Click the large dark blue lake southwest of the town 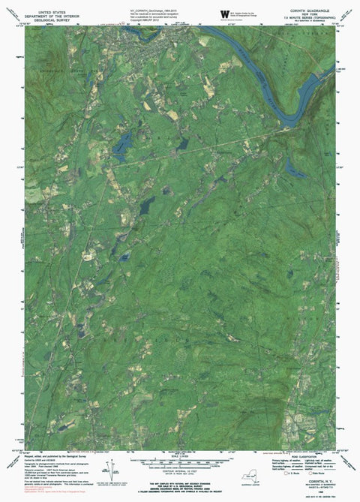[x=121, y=144]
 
